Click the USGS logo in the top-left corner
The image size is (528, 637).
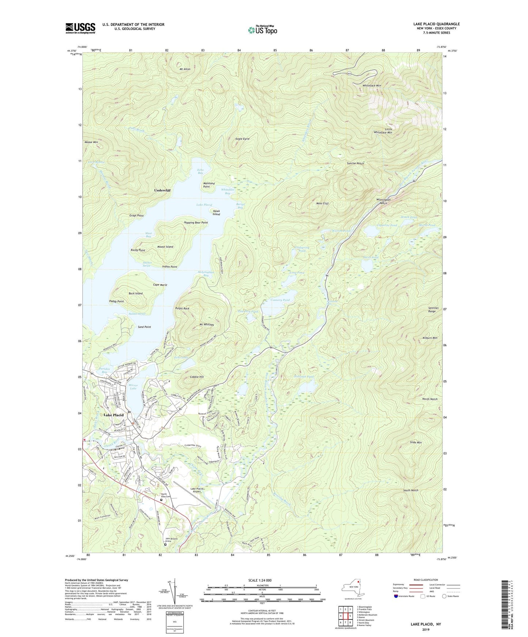tap(80, 28)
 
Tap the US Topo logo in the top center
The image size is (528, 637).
tap(262, 30)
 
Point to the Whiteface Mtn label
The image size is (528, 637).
tap(372, 85)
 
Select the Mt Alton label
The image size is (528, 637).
tap(185, 69)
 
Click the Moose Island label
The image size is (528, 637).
tap(165, 247)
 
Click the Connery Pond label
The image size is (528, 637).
tap(280, 300)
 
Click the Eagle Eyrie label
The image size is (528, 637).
tap(242, 139)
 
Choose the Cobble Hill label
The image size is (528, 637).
tap(197, 377)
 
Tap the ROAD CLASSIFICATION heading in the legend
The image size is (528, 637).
tap(426, 580)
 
